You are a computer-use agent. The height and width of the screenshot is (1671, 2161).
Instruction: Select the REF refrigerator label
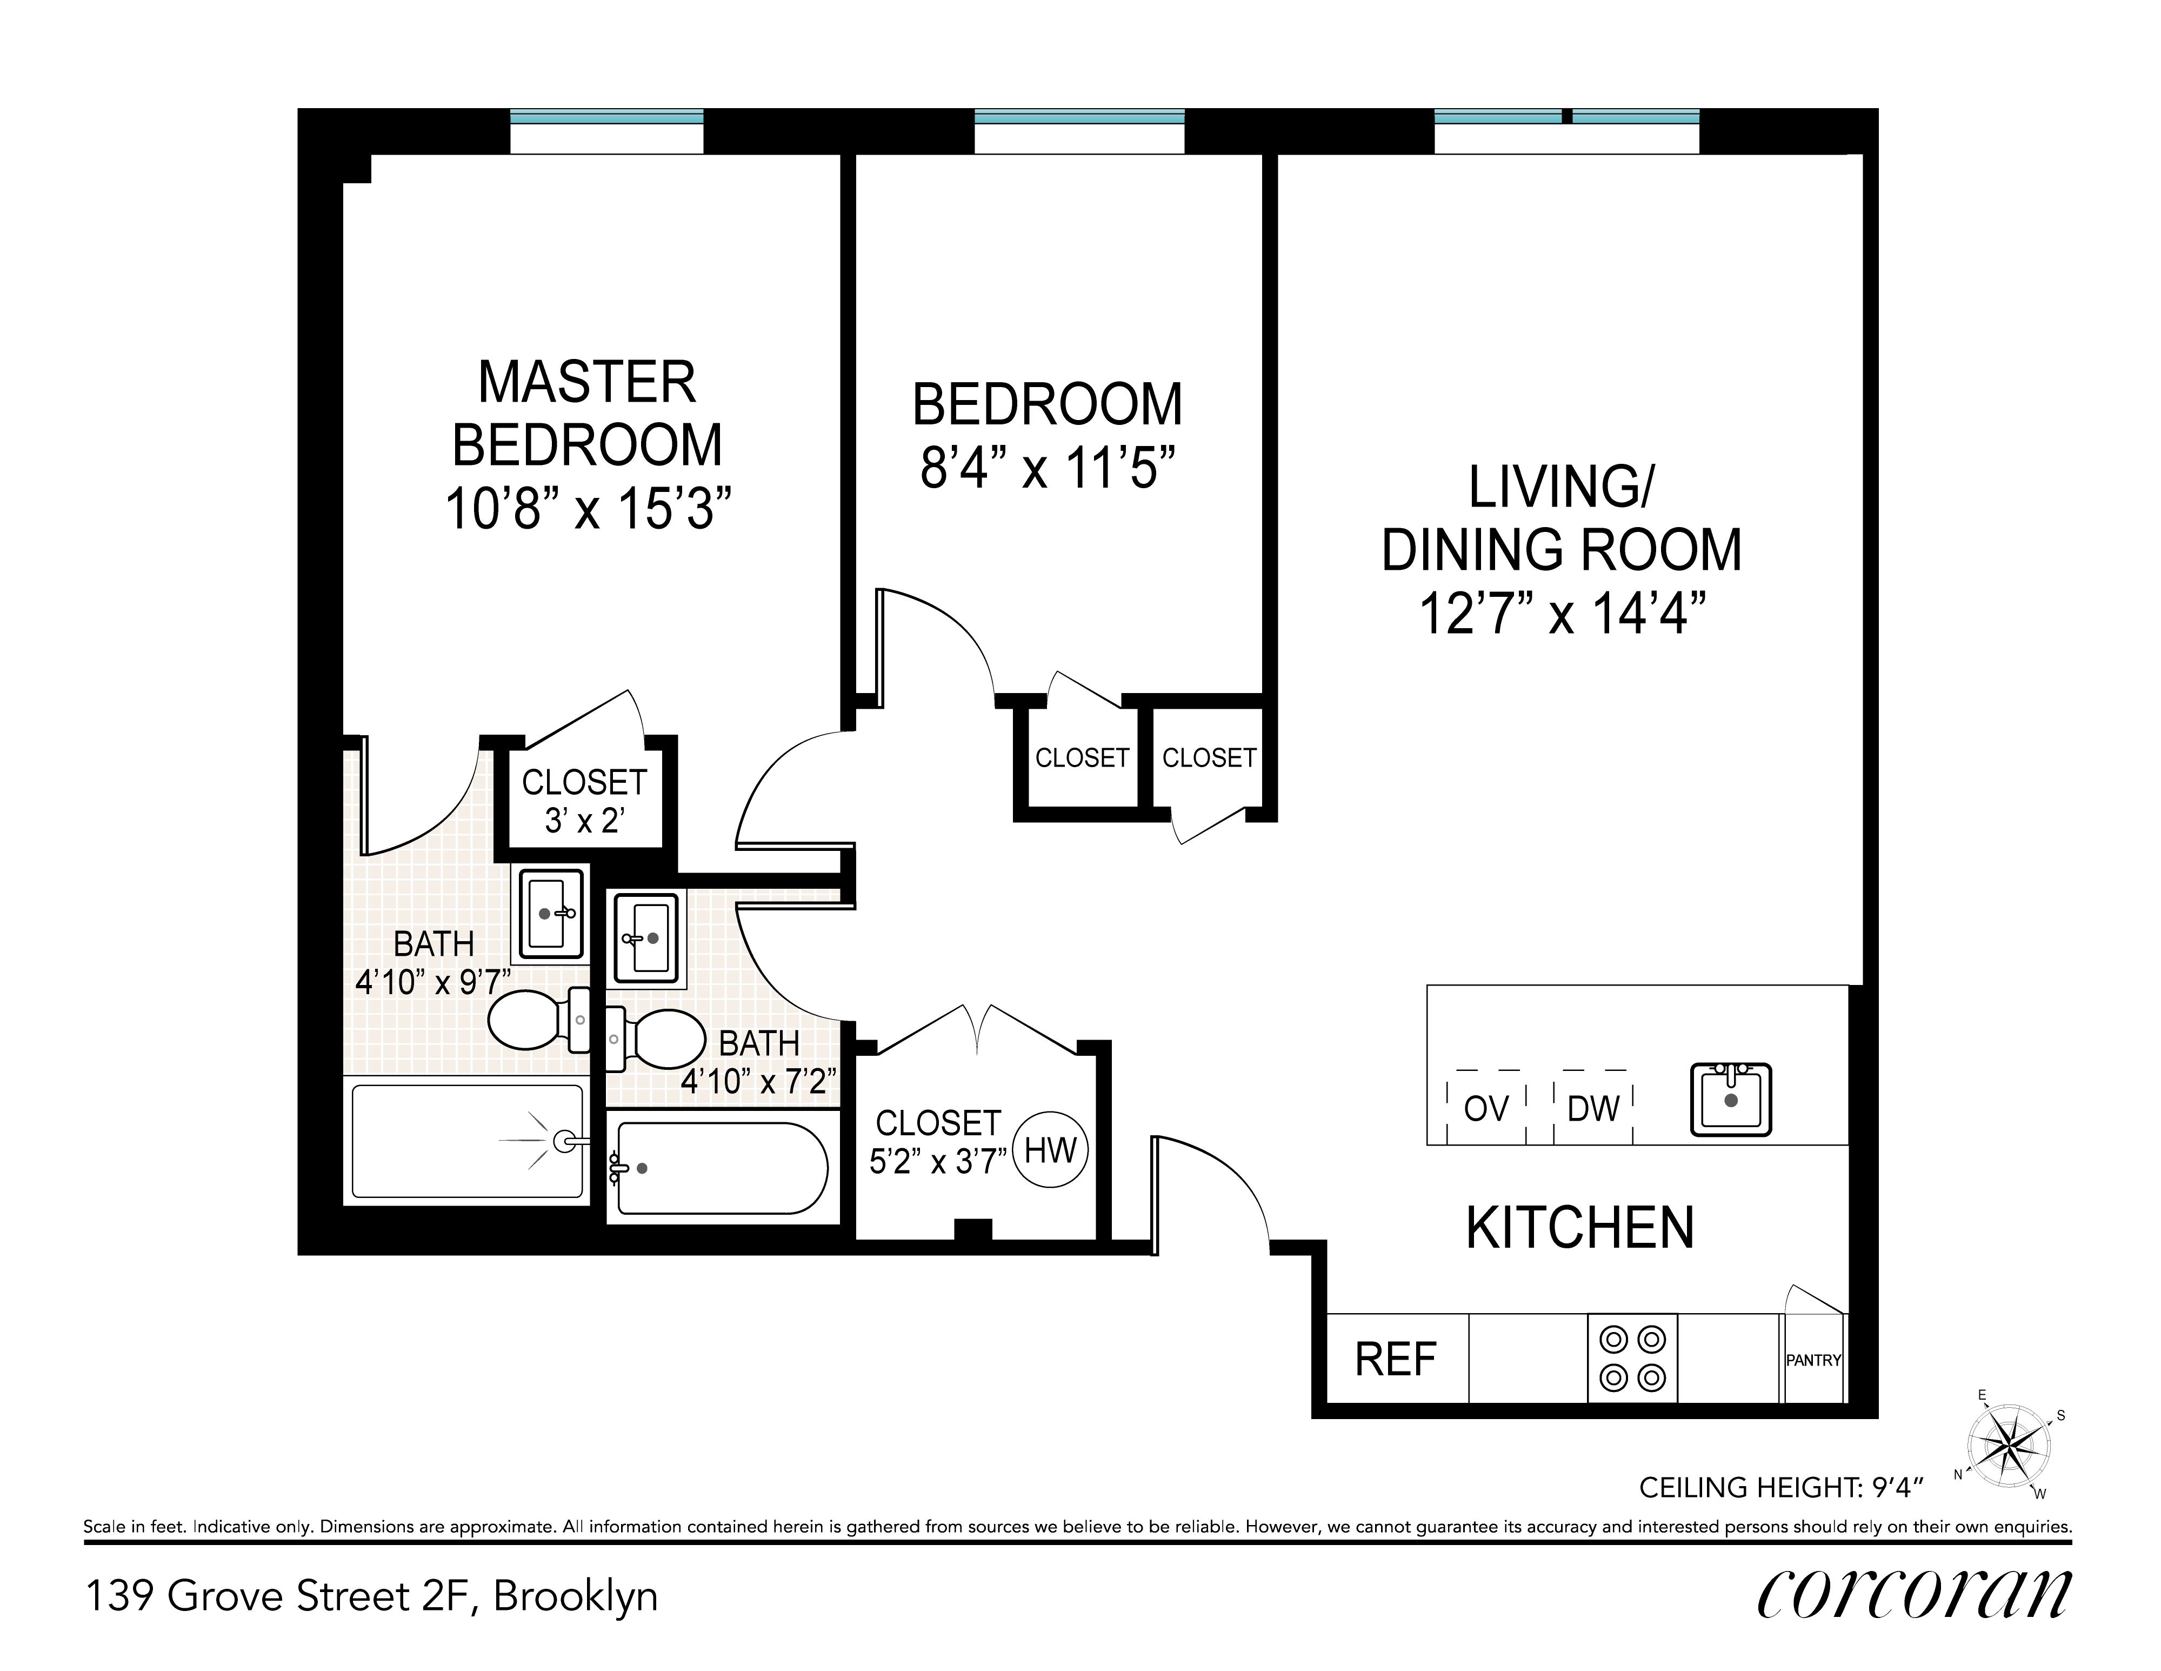pos(1395,1360)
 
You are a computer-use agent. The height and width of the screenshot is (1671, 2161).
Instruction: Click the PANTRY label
pos(1813,1360)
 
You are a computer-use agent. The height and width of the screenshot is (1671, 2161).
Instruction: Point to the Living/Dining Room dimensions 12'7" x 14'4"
pos(1563,614)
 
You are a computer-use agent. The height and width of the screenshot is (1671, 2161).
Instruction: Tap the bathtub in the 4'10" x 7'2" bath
pos(722,1167)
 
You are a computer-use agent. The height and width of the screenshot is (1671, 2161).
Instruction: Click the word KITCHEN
pos(1580,1228)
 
